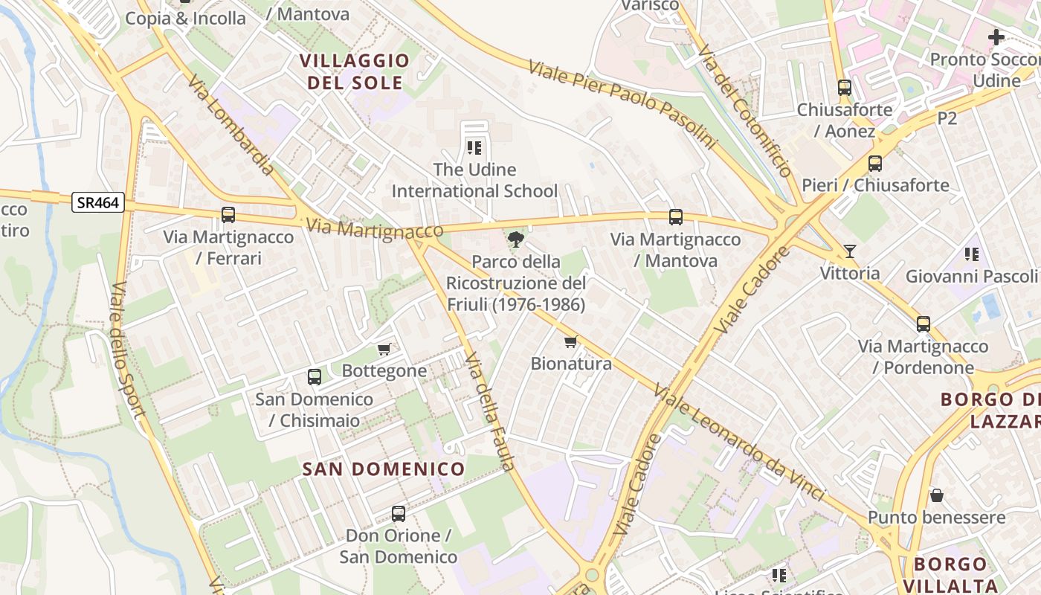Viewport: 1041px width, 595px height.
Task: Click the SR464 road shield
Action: click(x=98, y=202)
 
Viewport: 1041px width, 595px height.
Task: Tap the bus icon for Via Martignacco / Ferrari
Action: click(x=228, y=215)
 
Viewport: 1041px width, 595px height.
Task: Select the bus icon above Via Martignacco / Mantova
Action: click(x=675, y=217)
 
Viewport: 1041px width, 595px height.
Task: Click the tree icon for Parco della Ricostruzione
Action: click(x=515, y=239)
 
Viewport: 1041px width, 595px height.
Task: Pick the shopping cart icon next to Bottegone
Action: click(x=384, y=349)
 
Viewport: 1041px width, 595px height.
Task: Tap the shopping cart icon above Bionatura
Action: click(x=570, y=342)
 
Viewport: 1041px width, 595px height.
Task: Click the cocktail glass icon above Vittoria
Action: click(x=850, y=251)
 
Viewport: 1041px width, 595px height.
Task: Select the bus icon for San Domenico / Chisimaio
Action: click(x=315, y=377)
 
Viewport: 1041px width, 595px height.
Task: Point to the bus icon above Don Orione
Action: click(x=399, y=514)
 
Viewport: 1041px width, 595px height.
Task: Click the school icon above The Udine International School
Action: click(x=474, y=147)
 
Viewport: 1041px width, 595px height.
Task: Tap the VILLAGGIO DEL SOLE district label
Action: click(x=355, y=71)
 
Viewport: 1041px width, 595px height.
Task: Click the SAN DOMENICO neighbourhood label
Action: click(x=384, y=469)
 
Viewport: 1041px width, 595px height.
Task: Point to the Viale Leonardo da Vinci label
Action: click(x=739, y=442)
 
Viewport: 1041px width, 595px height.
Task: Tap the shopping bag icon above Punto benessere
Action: click(x=937, y=495)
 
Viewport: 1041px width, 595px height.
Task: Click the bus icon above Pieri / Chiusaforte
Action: click(x=875, y=164)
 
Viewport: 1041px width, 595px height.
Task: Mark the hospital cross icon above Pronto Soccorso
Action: click(x=996, y=36)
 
